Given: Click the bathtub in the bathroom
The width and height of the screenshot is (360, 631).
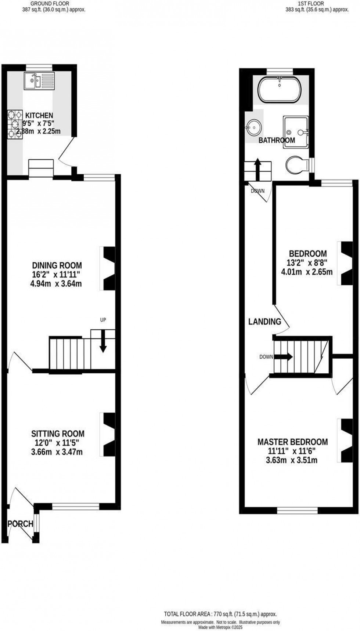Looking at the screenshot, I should (280, 90).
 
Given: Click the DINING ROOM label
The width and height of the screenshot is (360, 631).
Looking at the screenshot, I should (57, 265).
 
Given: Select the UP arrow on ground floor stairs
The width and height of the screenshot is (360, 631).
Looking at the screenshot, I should (103, 341).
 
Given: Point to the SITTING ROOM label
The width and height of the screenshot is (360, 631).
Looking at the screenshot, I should (58, 434).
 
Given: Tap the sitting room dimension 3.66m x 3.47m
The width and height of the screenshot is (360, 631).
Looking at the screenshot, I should (57, 452).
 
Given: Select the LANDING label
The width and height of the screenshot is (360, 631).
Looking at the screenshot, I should (264, 322).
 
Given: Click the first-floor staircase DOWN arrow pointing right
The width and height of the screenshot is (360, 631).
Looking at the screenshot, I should (282, 356).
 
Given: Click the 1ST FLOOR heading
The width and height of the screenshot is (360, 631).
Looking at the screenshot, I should (306, 4).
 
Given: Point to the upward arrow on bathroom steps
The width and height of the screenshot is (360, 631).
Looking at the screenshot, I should (258, 169).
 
